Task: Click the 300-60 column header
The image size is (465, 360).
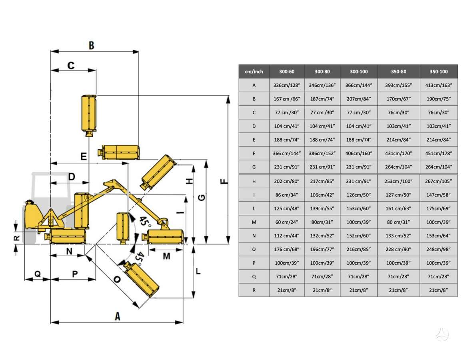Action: [286, 72]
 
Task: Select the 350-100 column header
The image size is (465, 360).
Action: [438, 72]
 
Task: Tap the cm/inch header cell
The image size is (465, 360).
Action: [254, 72]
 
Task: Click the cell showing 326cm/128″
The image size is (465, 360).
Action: [286, 85]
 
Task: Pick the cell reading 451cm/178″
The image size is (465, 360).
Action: [438, 154]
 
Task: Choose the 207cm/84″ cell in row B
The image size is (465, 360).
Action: [359, 99]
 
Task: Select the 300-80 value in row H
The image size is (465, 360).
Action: [322, 181]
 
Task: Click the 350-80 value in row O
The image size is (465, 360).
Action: [398, 249]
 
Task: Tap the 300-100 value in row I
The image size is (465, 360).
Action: [359, 195]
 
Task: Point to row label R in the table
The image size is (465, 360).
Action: [254, 290]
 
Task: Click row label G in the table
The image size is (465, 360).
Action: [254, 167]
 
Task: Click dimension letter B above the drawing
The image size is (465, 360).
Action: [91, 46]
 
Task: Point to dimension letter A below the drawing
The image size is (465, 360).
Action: [118, 316]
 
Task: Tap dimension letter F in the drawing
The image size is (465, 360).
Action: [224, 181]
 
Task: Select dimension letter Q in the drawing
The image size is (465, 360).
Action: [38, 273]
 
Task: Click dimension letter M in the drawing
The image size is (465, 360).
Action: [166, 256]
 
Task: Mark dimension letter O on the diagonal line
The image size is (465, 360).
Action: [117, 279]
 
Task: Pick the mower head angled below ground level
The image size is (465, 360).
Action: [141, 279]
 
